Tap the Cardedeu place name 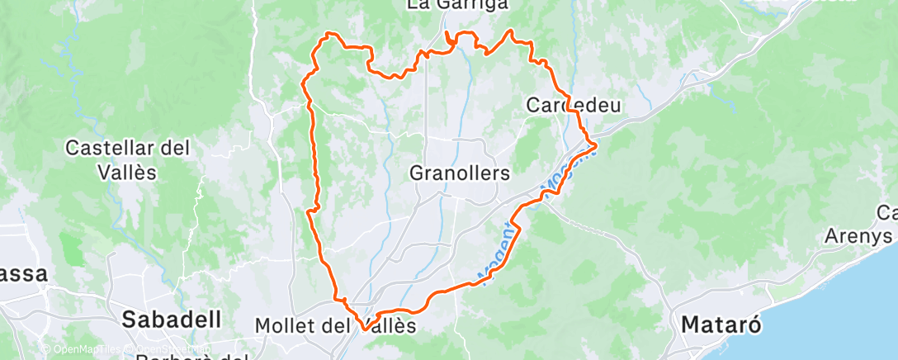coord(573,105)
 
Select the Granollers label coord(460,173)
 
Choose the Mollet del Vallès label coord(335,325)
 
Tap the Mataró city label coord(716,325)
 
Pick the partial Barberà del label coord(190,356)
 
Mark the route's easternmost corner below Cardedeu coord(595,147)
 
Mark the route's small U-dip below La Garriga coord(451,40)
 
